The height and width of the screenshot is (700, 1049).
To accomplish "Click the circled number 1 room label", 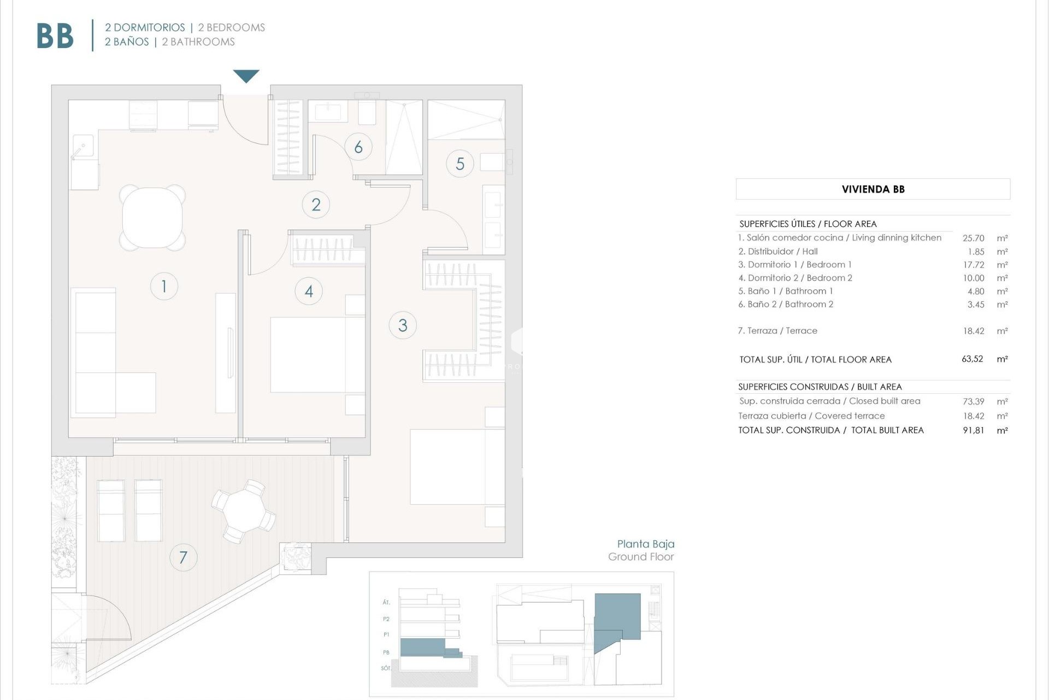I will (x=164, y=286).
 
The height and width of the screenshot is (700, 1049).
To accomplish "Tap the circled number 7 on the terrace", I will (x=183, y=557).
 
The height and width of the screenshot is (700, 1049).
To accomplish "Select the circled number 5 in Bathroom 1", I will (x=460, y=164).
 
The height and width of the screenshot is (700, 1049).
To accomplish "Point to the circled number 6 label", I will (x=358, y=147).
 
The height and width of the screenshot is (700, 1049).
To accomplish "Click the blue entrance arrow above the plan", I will (x=246, y=75).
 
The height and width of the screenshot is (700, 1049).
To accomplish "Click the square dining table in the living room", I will (x=152, y=218).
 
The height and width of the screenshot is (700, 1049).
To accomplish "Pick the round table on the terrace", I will (x=243, y=511).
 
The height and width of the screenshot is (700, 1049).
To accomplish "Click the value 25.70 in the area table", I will (x=973, y=238).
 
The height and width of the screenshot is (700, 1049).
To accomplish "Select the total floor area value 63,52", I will (x=972, y=359).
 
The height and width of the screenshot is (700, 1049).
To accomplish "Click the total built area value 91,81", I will (x=973, y=430).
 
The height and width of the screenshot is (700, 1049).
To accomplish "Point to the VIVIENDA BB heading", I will (x=873, y=189).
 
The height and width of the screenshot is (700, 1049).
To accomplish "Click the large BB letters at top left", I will (x=55, y=36).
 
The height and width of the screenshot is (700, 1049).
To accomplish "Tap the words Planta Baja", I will (x=645, y=544).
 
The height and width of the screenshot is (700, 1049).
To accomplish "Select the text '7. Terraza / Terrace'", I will (x=777, y=331).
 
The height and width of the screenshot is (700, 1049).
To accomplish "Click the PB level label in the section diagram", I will (x=386, y=652).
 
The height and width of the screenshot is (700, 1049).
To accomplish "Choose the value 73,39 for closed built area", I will (x=973, y=401).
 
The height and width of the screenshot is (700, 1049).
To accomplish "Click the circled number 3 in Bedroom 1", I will (x=403, y=325).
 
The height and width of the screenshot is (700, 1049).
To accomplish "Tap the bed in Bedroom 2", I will (x=317, y=354).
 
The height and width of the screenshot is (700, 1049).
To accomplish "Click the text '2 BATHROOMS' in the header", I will (x=198, y=42).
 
